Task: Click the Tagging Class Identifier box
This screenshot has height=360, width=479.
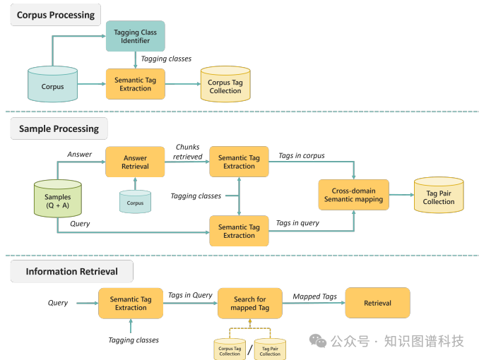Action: click(x=135, y=36)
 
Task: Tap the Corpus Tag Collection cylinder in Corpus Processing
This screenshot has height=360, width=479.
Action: click(x=225, y=85)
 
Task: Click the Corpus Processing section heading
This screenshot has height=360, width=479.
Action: click(x=56, y=15)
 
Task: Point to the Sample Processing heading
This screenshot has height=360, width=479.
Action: click(x=59, y=128)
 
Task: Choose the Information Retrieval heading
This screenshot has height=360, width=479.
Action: click(x=71, y=271)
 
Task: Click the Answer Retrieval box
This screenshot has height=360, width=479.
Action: click(x=135, y=162)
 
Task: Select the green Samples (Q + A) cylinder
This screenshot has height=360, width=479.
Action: click(x=58, y=199)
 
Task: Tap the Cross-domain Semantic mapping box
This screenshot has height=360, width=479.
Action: click(x=353, y=195)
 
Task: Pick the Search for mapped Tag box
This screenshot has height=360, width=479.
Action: click(x=250, y=304)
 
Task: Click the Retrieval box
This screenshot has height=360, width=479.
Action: click(x=377, y=303)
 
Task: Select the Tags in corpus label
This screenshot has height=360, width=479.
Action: click(x=301, y=155)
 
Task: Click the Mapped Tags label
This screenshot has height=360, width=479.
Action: click(x=314, y=296)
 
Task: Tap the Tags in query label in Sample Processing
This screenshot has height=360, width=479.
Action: click(x=297, y=223)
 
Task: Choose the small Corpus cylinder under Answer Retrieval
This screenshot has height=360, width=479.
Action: click(x=135, y=202)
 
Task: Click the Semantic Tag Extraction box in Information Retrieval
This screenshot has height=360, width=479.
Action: click(x=131, y=304)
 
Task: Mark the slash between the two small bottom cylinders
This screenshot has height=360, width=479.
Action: click(x=249, y=348)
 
